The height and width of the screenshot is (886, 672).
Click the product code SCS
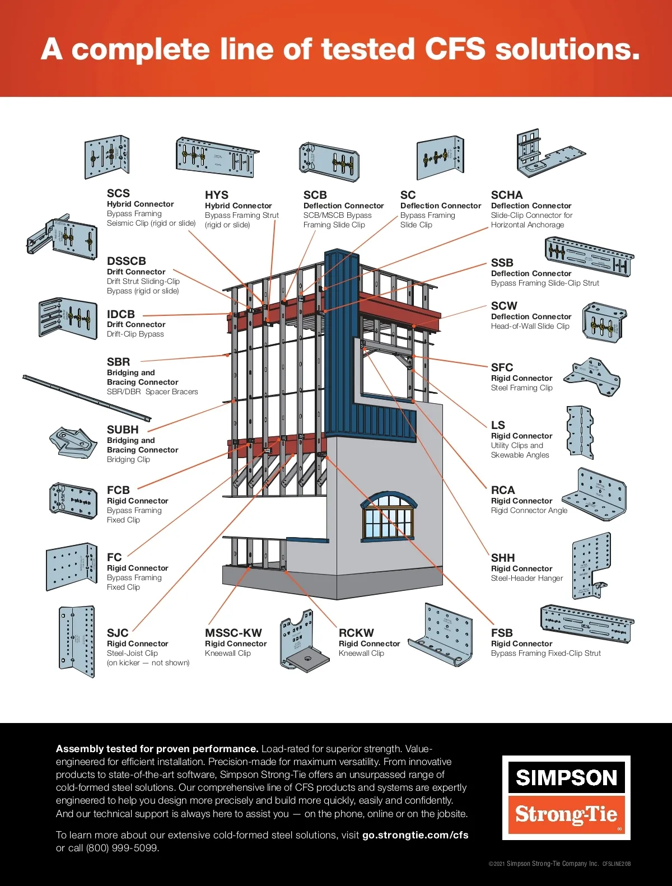tap(118, 193)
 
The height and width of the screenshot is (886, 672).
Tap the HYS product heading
tap(217, 195)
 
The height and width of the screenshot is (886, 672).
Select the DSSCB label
tap(127, 261)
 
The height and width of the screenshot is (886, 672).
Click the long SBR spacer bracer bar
tap(87, 397)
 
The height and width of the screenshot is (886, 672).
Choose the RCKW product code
tap(356, 633)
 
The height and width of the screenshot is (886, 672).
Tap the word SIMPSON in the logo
tap(566, 777)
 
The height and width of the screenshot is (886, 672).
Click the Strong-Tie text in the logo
tap(566, 814)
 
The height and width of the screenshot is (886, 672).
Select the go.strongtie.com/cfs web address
tap(415, 835)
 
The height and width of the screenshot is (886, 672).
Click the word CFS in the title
tap(455, 49)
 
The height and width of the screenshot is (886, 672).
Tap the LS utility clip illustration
tap(579, 432)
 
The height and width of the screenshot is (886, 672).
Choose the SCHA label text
tap(507, 195)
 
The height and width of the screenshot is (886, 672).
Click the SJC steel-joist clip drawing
tap(77, 641)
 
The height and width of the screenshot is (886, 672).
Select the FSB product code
tap(502, 633)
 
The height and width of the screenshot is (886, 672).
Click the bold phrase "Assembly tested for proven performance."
tap(157, 749)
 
